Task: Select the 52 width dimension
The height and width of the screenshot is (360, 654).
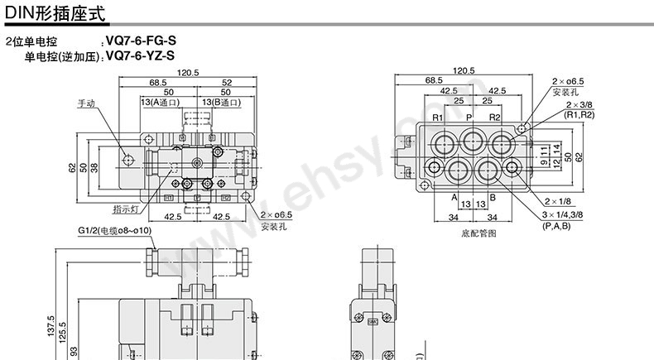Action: (226, 82)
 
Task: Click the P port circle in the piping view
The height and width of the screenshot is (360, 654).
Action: (472, 138)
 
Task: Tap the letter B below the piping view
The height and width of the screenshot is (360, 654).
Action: (492, 198)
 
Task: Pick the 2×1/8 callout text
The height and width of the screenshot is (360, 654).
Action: (559, 201)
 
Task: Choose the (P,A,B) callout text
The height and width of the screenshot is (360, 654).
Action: (555, 226)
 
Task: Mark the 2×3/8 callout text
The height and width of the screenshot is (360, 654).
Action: (579, 106)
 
